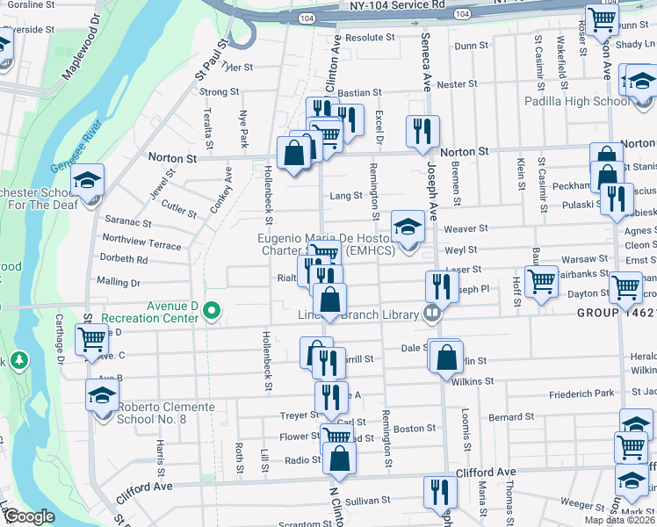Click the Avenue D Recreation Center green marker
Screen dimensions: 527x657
(x=210, y=310)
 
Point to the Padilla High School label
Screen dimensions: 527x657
(x=577, y=101)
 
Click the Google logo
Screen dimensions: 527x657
(x=29, y=516)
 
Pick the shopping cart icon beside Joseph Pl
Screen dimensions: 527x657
(x=542, y=281)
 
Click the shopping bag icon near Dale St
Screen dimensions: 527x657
(x=446, y=356)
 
